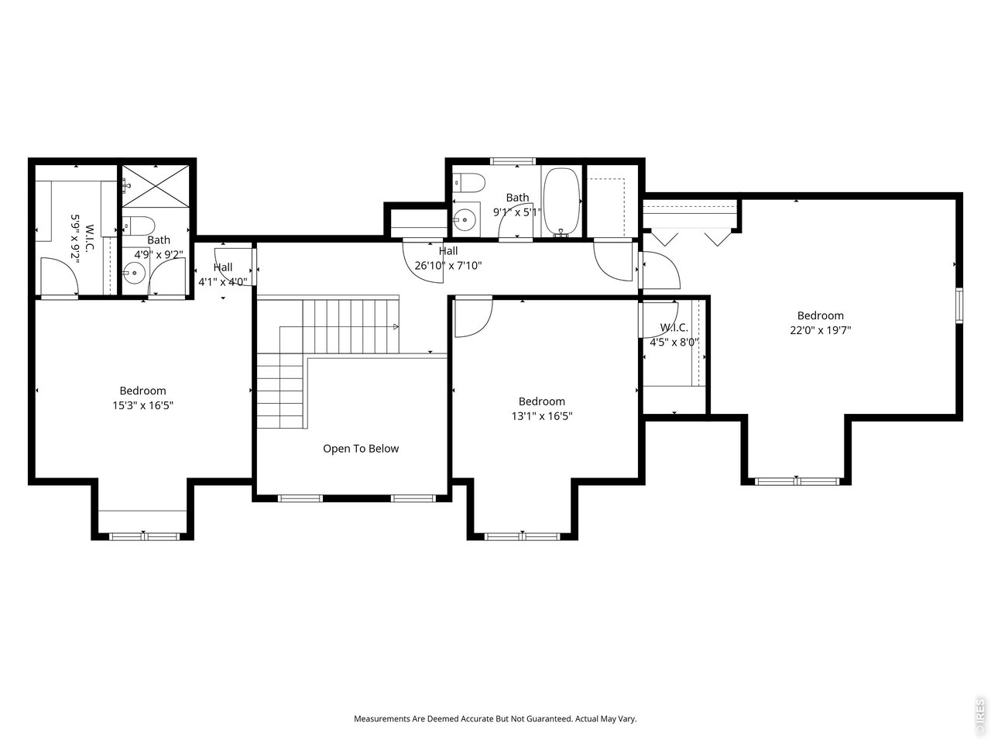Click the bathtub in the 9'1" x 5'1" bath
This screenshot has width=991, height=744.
pos(561,201)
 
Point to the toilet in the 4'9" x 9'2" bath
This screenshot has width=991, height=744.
pos(139,226)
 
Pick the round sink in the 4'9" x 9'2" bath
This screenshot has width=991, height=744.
pos(135,273)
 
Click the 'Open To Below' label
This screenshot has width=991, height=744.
pos(361,449)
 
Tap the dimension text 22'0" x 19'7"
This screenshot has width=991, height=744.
pos(821,329)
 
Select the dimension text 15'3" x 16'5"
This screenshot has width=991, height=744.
pos(142,405)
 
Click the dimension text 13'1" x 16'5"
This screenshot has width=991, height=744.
pos(541,415)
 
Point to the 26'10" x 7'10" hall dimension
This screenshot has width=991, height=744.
pos(448,265)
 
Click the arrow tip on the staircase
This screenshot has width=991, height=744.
pos(396,327)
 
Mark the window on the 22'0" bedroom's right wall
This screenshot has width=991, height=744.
pos(958,305)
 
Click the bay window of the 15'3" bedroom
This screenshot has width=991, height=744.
pos(143,536)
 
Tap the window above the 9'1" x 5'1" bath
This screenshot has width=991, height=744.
pos(513,161)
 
